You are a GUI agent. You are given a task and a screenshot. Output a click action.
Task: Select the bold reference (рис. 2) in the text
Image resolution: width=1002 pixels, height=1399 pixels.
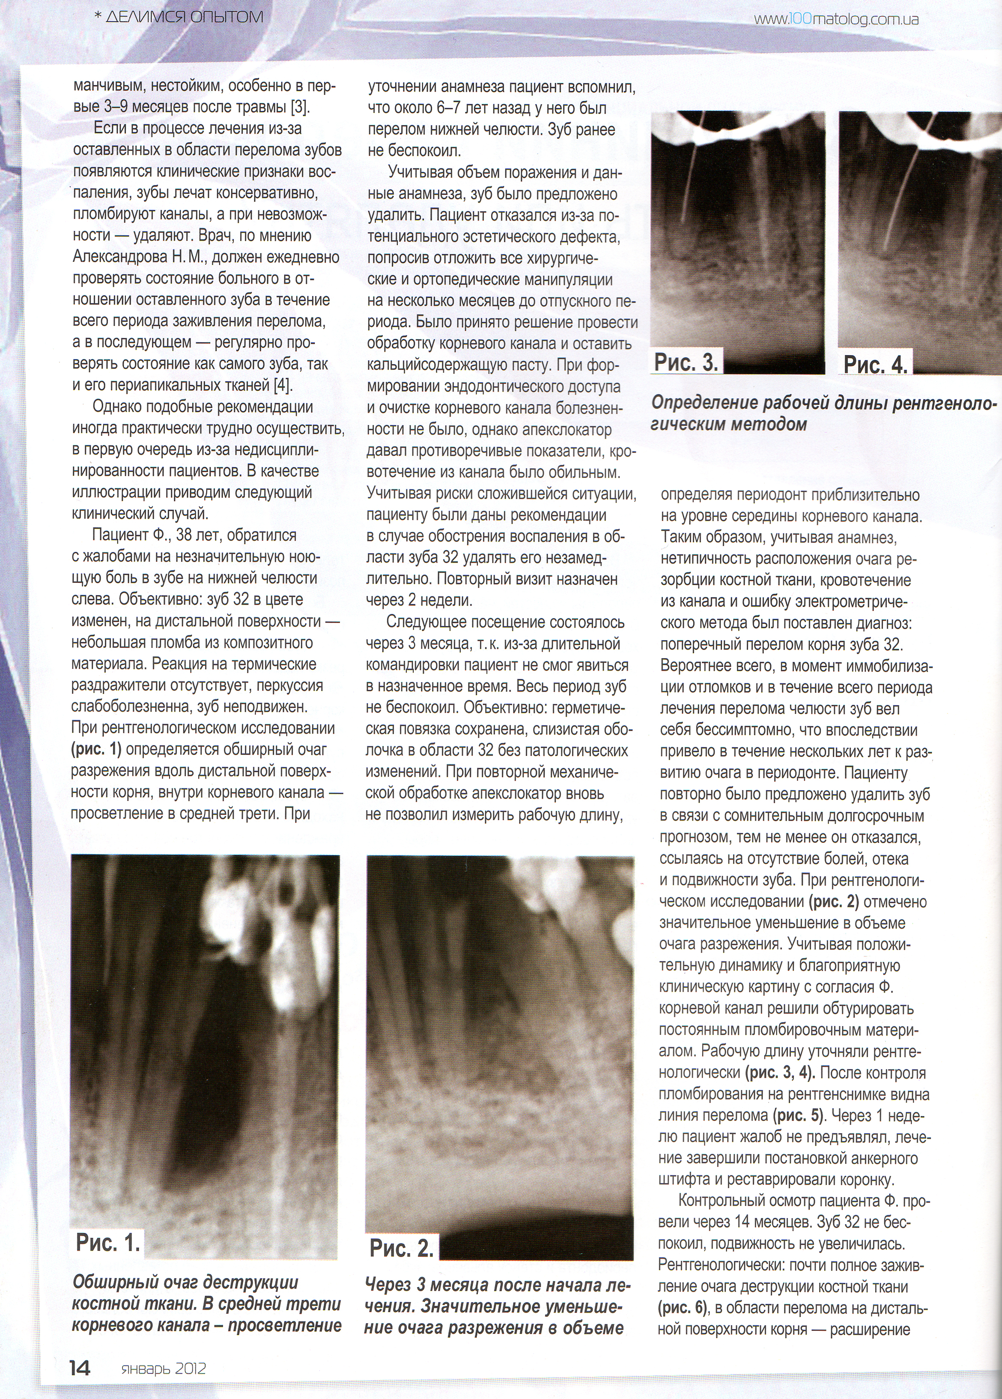(x=833, y=901)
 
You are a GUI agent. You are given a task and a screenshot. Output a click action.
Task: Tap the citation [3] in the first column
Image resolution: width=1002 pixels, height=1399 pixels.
(x=300, y=107)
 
